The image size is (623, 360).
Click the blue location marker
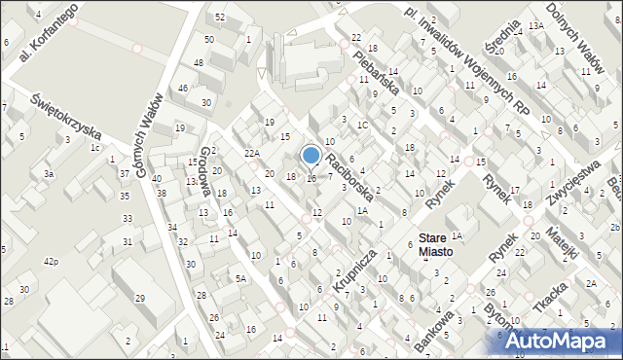coord(311,155)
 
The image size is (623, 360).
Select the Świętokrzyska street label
coord(65,115)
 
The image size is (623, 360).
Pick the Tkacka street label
coord(552,296)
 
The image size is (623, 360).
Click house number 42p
coord(50,262)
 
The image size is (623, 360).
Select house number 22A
coord(252,154)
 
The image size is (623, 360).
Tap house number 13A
coord(535,24)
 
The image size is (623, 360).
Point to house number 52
coord(221,18)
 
